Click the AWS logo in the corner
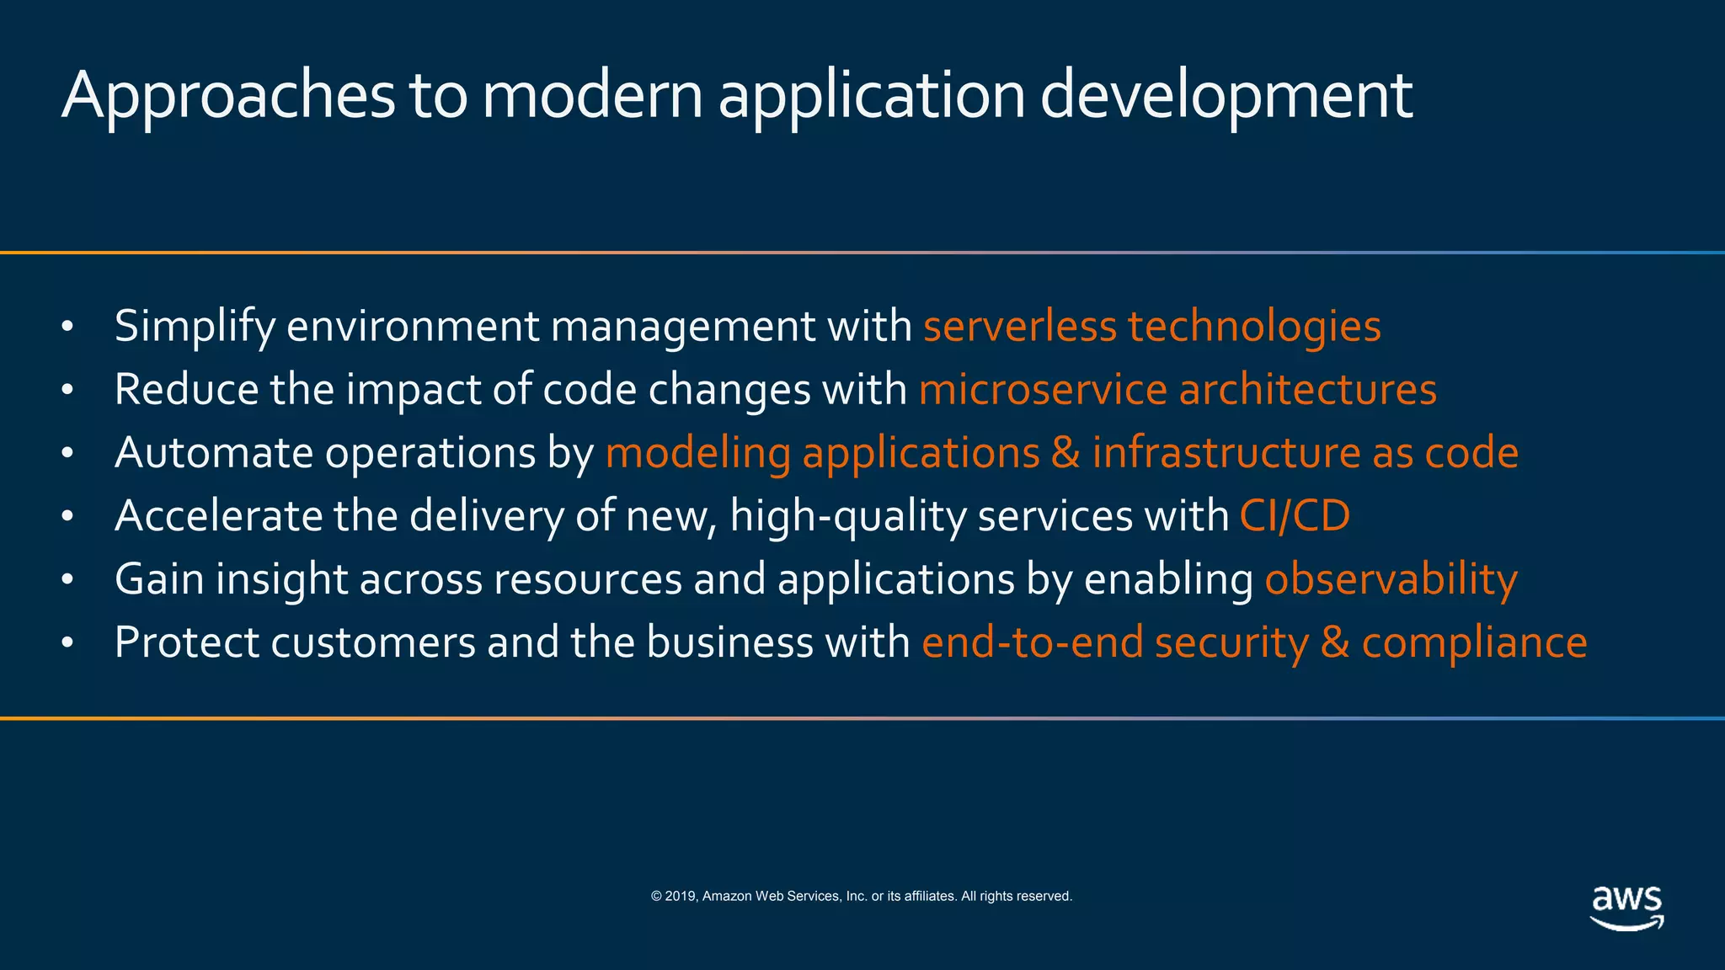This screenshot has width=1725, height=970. (1626, 908)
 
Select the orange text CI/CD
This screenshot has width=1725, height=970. (1295, 516)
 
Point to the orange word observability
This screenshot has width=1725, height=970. (1391, 579)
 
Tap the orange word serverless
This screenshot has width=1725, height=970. (1020, 327)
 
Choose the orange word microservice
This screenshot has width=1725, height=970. (1043, 390)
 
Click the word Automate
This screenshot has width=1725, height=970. (214, 453)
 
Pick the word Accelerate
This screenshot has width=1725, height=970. (218, 516)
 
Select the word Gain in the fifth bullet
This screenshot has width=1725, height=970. (159, 579)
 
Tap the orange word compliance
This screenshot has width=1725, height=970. (1474, 642)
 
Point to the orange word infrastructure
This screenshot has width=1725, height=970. (1226, 453)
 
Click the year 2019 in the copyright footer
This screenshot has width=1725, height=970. (681, 897)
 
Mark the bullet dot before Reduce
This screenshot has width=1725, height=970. (68, 391)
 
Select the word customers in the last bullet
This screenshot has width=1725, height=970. (373, 642)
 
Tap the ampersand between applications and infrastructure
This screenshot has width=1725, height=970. (1065, 453)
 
